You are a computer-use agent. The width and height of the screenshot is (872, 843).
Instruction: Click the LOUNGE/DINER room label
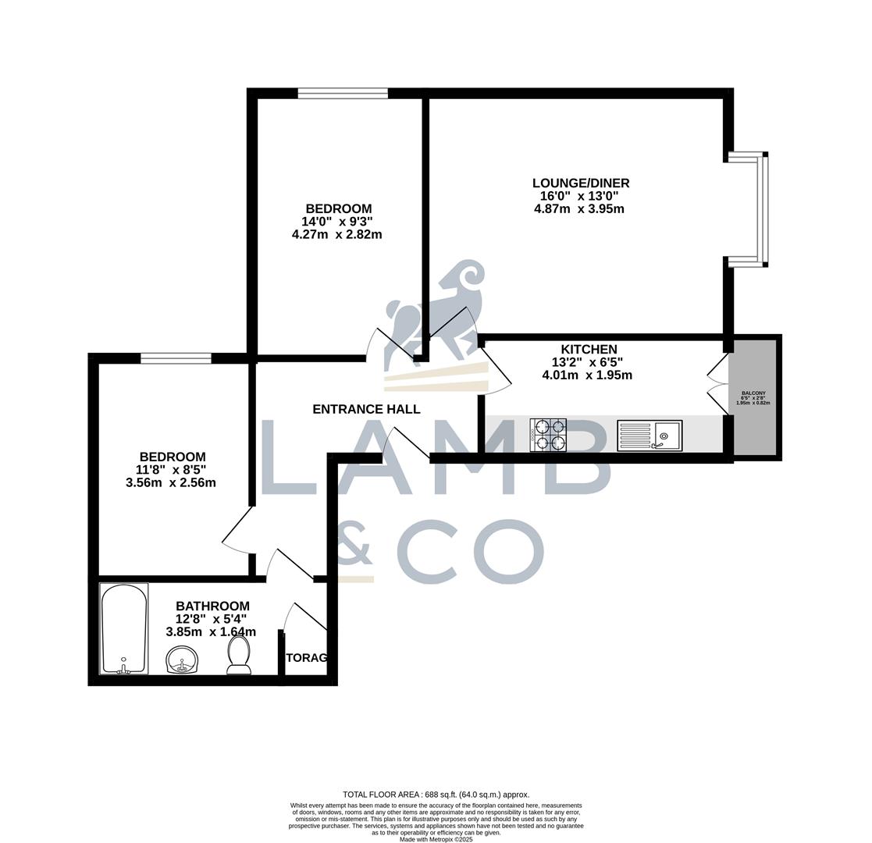point(580,183)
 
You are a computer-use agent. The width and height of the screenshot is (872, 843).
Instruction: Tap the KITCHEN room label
point(589,350)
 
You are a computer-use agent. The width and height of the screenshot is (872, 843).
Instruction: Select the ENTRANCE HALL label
point(366,409)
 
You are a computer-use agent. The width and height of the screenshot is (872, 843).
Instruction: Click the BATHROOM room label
point(212,606)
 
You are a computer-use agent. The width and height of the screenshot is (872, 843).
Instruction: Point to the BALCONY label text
point(753,393)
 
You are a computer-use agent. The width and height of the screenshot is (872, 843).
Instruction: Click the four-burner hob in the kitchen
point(548,435)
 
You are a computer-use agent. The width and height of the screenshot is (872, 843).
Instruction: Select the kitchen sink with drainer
point(650,436)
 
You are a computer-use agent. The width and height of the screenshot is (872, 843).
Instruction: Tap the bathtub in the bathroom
point(124,628)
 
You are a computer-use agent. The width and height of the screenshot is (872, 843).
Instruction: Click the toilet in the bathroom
point(239,654)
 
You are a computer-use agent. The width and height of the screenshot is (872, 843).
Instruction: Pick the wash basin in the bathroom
point(182,660)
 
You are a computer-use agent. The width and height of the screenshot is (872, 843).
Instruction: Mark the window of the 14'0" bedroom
point(343,94)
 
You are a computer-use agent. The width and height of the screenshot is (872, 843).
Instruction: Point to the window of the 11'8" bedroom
point(176,358)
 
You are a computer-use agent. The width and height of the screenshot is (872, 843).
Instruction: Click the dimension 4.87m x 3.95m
point(578,209)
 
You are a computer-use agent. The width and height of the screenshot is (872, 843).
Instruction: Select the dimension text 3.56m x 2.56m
point(170,483)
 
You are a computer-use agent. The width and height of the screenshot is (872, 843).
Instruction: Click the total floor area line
point(436,795)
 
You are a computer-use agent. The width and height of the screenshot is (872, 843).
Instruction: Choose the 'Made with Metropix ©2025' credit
point(436,839)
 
